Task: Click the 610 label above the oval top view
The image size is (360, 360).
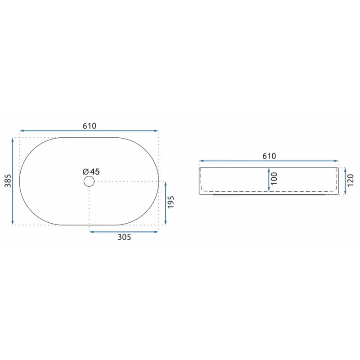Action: tap(90, 126)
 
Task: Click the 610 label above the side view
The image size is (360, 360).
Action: tap(269, 156)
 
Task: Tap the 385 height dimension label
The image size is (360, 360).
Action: tap(8, 181)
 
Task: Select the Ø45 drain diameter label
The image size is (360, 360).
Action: tap(91, 171)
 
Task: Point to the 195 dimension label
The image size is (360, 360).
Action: tap(171, 202)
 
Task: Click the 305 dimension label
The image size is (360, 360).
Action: tap(124, 237)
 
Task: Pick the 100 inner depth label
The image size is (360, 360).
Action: tap(274, 179)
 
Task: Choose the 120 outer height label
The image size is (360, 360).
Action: tap(351, 180)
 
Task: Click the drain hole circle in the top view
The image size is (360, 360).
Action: tap(89, 181)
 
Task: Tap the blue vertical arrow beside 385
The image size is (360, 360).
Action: tap(13, 181)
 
